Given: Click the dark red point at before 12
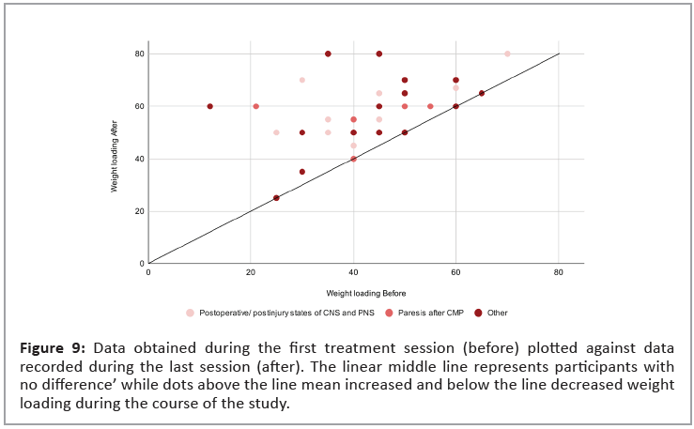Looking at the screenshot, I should coord(209,106).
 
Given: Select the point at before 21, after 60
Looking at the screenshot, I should coord(255,106).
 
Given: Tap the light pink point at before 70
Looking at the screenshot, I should coord(507,54).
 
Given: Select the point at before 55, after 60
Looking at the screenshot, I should coord(430,106).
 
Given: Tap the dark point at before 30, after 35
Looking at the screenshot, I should coord(301,172).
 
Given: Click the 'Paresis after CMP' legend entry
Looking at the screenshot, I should coord(427,313).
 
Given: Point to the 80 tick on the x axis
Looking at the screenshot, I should coord(559,272).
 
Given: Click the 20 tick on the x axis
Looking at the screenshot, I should coord(251,272).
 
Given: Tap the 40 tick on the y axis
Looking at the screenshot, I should coord(139,159).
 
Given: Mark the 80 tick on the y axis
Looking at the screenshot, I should coord(139,54).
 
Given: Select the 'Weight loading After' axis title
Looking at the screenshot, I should coord(115,159).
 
